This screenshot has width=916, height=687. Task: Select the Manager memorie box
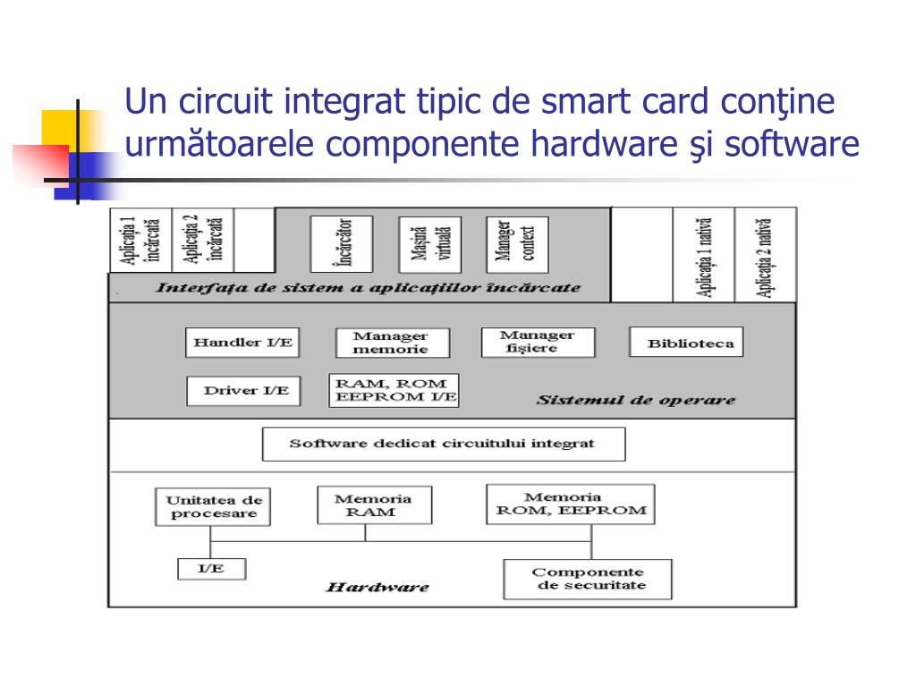[393, 343]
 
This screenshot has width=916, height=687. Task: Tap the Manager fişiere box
[538, 342]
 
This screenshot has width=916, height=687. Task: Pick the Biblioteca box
[686, 343]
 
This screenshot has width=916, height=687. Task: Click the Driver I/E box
[244, 391]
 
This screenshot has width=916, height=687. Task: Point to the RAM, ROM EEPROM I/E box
[394, 391]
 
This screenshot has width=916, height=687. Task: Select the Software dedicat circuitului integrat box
[444, 444]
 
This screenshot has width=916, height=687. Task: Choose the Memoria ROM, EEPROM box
[570, 505]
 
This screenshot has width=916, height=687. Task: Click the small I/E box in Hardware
[211, 568]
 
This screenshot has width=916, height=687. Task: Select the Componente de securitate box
[588, 579]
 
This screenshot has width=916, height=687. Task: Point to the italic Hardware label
[377, 588]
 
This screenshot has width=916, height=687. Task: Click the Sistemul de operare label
[636, 400]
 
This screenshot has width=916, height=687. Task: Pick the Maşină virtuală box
[431, 242]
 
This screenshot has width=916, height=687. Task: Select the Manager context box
[516, 242]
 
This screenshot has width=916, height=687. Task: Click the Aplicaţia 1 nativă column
[704, 255]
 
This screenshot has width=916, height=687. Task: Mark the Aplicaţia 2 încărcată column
[202, 240]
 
